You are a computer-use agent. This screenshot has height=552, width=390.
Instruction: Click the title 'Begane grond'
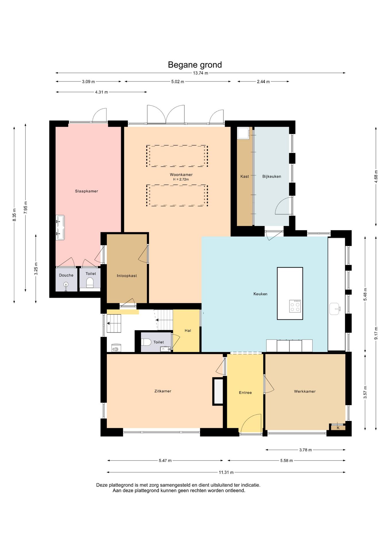(195, 65)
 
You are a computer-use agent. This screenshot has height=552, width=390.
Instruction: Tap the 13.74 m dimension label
(200, 73)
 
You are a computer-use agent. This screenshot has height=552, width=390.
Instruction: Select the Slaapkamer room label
(86, 191)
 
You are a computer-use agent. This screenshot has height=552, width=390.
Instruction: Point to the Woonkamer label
(181, 175)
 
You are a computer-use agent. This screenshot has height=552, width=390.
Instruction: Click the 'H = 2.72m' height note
(181, 179)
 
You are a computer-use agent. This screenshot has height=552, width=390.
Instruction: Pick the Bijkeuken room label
(272, 177)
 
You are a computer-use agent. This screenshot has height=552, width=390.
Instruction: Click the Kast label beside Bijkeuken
(245, 177)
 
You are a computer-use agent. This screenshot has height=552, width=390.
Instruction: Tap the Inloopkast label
(127, 276)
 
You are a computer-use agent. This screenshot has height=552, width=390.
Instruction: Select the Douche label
(66, 275)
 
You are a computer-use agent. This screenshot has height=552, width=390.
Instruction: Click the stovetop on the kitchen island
(295, 306)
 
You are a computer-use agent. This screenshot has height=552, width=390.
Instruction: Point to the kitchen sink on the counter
(335, 309)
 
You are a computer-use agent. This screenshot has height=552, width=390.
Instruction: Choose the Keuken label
(260, 294)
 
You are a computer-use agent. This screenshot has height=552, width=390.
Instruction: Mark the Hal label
(188, 331)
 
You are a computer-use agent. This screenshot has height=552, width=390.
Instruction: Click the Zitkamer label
(163, 391)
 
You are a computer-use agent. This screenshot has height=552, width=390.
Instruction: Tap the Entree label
(245, 393)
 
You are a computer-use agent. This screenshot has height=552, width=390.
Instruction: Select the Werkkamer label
(305, 391)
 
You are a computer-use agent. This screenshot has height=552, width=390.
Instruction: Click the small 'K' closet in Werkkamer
(338, 428)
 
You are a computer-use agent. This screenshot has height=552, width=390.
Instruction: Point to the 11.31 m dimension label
(226, 472)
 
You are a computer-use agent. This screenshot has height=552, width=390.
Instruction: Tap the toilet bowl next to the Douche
(90, 283)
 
